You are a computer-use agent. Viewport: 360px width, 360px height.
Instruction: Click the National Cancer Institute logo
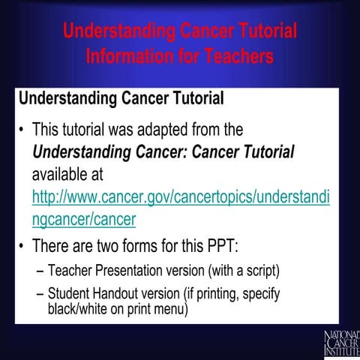[341, 342]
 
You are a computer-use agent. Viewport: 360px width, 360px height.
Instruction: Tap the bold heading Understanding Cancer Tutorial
[121, 98]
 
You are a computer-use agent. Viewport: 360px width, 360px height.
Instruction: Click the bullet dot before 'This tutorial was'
[22, 130]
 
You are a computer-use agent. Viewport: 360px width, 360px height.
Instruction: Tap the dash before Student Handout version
[40, 293]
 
